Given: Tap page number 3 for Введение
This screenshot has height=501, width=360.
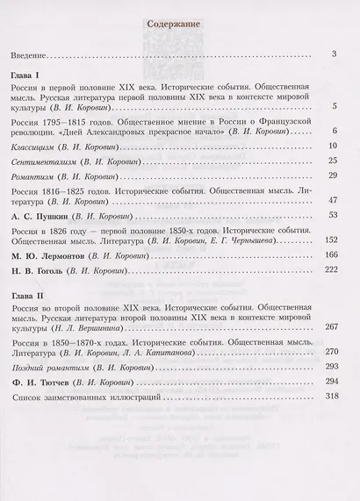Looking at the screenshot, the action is [335, 54].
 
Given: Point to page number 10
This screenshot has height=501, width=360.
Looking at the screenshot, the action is [333, 143].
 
